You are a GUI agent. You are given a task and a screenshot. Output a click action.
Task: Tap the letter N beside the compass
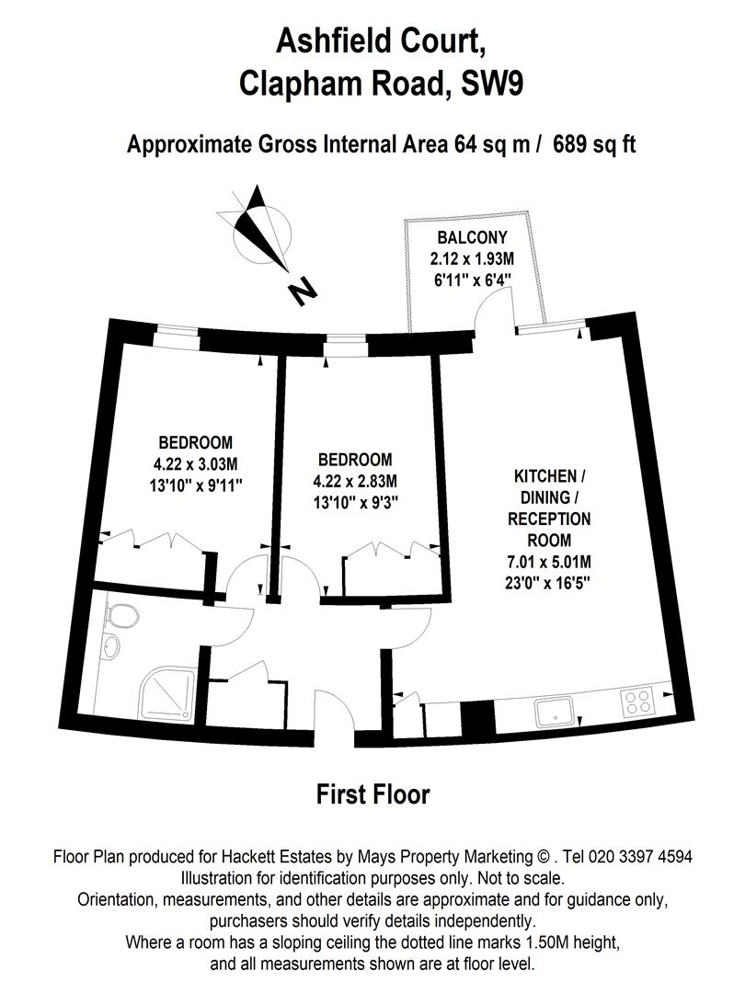pos(301,291)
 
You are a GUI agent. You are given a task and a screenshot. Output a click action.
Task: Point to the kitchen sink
pos(557,707)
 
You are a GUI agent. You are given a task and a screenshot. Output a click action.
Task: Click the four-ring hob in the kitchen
pos(637,703)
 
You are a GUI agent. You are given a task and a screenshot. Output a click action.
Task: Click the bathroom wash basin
pos(110,646)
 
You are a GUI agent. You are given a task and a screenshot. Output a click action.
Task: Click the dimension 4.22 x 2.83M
pos(354,480)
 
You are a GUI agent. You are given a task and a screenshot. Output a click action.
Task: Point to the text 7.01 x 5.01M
pos(550,561)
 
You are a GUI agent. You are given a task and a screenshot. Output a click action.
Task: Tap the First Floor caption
pos(372,793)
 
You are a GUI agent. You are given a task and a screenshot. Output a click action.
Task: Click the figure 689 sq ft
pos(594,144)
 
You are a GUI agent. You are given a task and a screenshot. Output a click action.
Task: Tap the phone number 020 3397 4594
pos(633,856)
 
